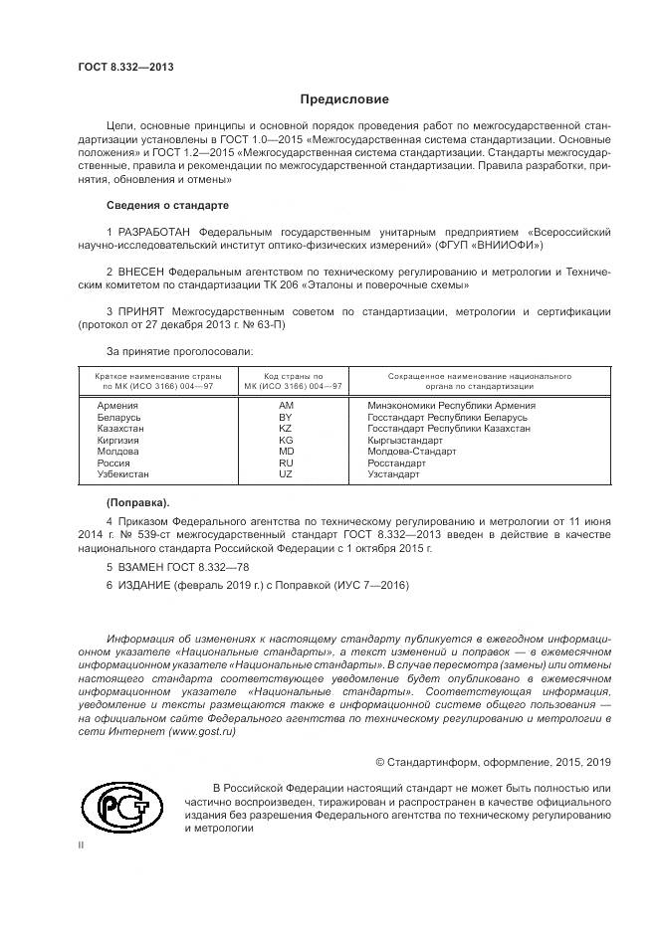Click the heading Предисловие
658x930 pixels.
[345, 99]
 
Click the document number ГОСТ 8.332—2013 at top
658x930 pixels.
[125, 67]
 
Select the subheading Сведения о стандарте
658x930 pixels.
[166, 205]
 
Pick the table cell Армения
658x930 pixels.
[117, 406]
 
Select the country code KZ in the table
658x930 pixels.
[287, 429]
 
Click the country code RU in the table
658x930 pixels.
[287, 464]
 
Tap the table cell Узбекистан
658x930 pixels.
[124, 474]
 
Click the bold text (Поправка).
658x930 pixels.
[137, 501]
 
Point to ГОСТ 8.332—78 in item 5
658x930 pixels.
[195, 565]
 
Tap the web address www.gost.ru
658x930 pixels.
[203, 731]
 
